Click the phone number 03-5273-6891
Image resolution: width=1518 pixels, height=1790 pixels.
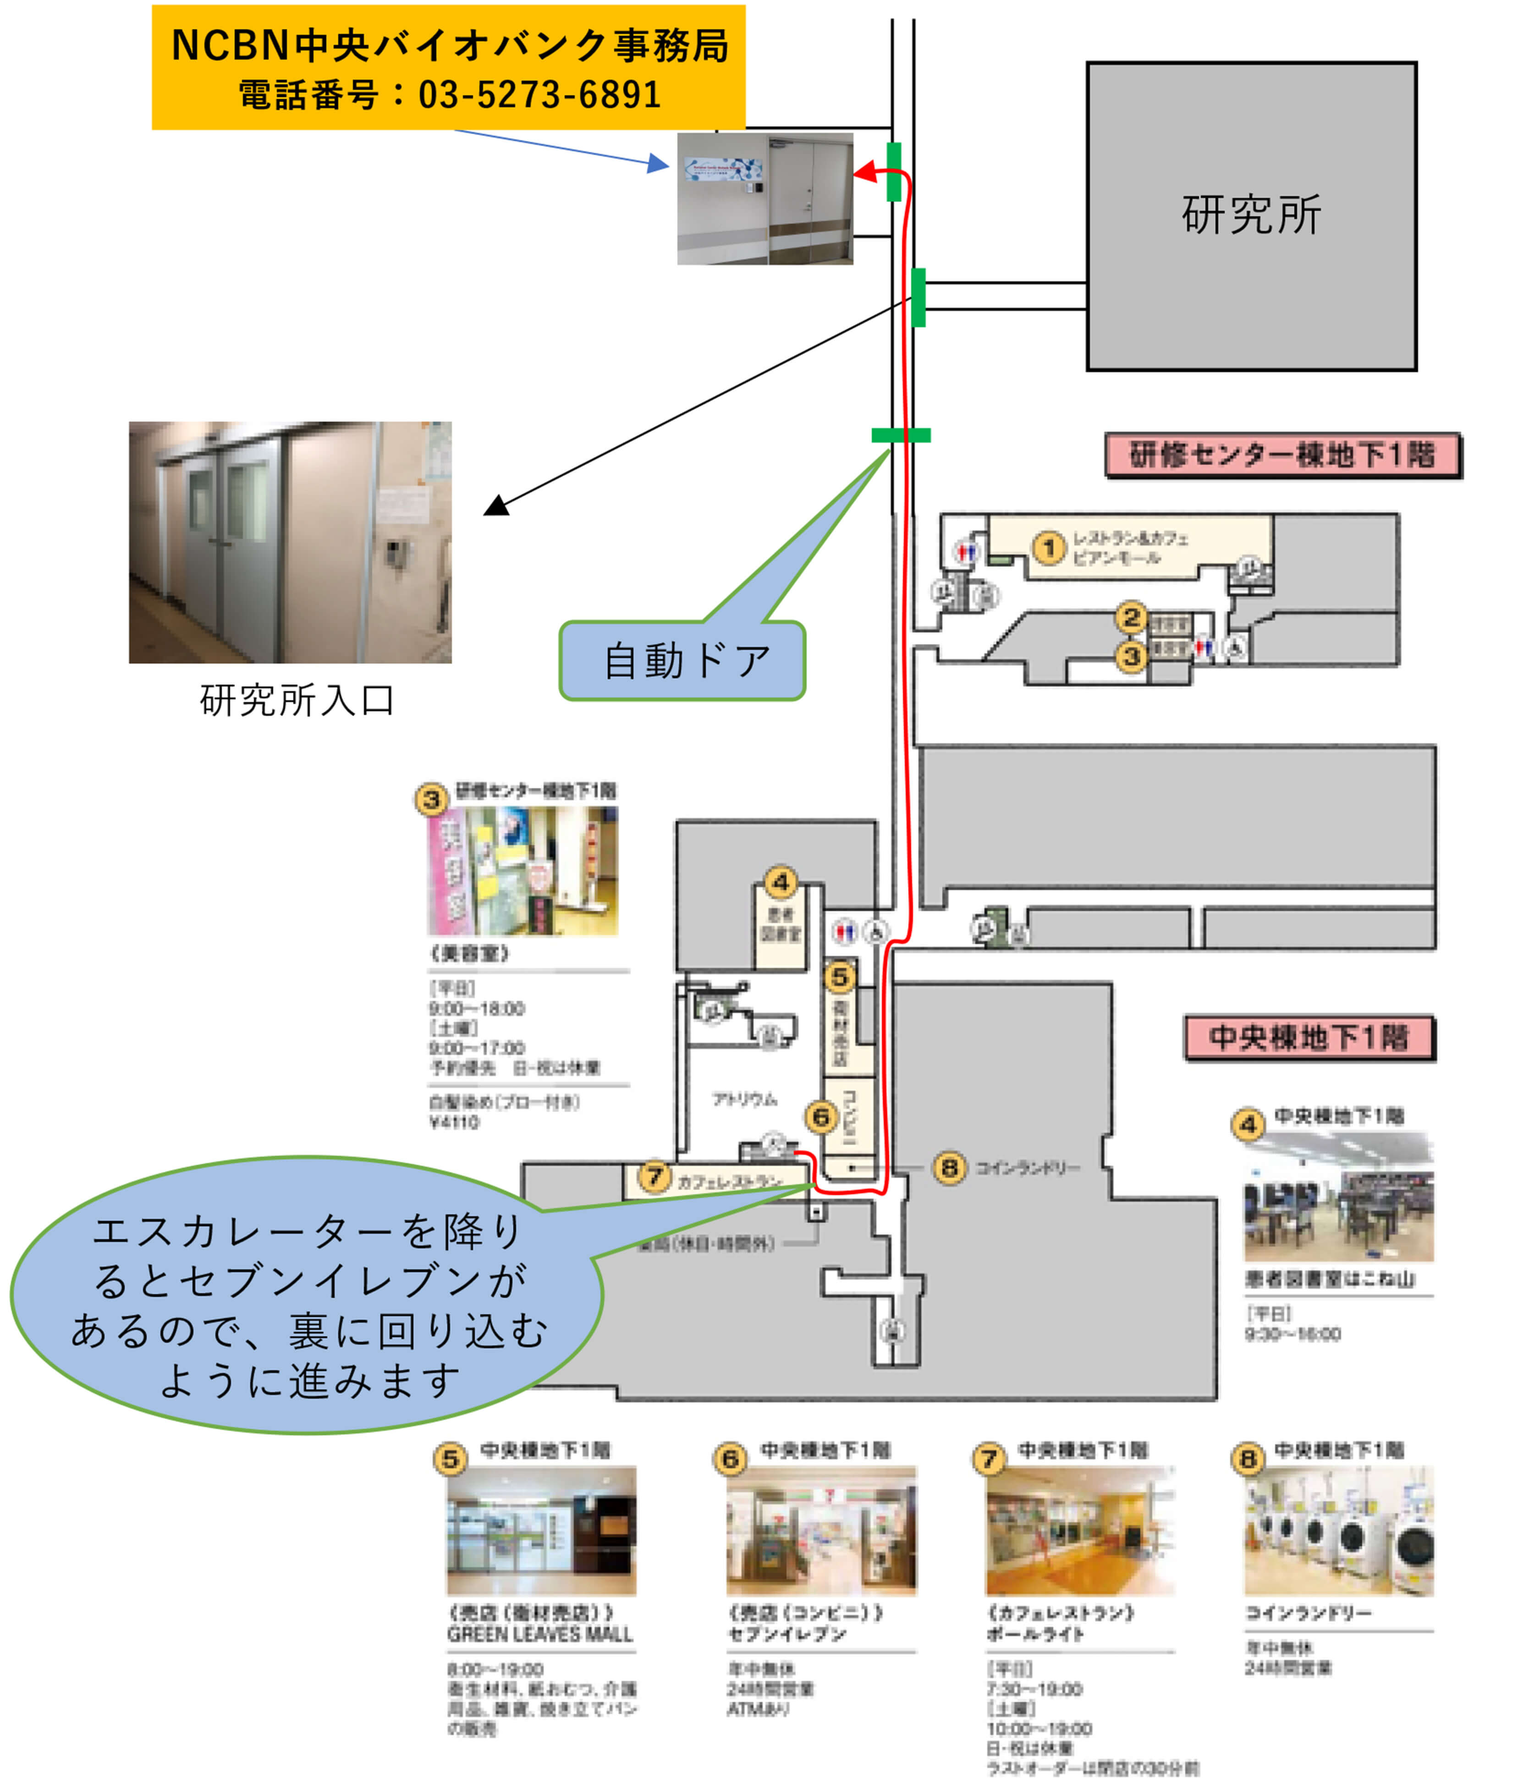539,95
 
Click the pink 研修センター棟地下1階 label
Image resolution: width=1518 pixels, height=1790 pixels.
1282,455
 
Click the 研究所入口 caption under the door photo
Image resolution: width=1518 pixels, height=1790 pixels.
297,700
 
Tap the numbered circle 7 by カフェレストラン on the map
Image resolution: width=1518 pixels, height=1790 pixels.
654,1175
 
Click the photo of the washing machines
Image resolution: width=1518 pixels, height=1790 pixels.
1338,1532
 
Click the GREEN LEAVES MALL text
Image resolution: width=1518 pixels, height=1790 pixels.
539,1634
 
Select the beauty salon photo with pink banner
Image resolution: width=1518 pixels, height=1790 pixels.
522,871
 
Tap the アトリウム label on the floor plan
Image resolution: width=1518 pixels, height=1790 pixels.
744,1099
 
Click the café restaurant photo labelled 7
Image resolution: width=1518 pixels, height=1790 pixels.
1080,1532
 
